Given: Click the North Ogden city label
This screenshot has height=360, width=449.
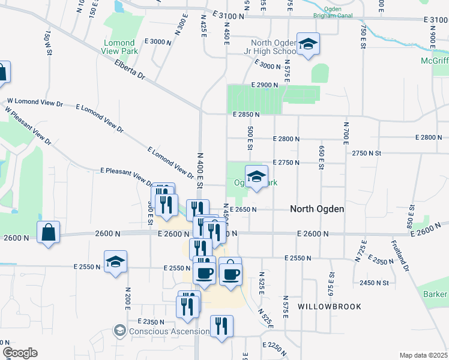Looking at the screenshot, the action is pyautogui.click(x=317, y=209).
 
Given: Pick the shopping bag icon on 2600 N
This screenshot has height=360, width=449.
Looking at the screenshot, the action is pyautogui.click(x=48, y=232).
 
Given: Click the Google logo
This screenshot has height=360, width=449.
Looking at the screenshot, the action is pyautogui.click(x=20, y=352).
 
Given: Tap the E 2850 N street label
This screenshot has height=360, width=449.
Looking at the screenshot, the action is pyautogui.click(x=246, y=114).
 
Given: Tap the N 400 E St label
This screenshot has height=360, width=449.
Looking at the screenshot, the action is pyautogui.click(x=200, y=171).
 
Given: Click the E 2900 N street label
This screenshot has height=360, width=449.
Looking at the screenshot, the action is pyautogui.click(x=265, y=86).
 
